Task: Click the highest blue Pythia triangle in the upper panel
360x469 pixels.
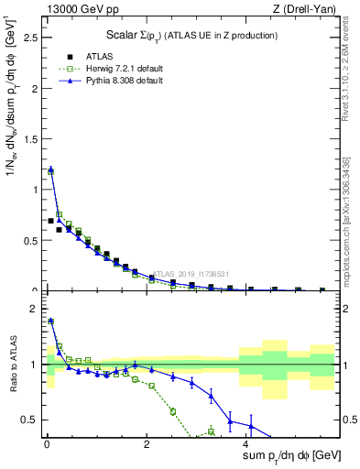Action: [50, 169]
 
